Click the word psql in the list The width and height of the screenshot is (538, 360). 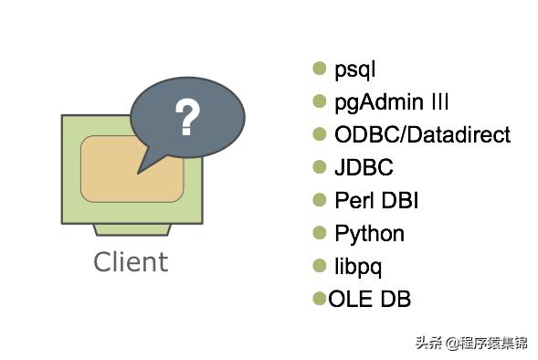(x=355, y=69)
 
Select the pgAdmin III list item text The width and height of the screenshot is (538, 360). (x=391, y=102)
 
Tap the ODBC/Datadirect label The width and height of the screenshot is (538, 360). (x=422, y=135)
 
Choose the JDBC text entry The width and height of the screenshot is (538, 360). (x=364, y=167)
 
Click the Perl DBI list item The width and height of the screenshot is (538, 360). (x=376, y=200)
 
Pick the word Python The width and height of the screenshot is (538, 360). (x=369, y=233)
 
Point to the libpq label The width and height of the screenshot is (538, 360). (x=358, y=266)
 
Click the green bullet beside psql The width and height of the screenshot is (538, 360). (x=320, y=69)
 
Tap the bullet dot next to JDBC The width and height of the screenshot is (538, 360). (x=320, y=166)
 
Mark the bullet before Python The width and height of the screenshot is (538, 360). (x=320, y=232)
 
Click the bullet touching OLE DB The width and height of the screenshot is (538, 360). (x=320, y=298)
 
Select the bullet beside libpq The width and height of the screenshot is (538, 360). (x=320, y=265)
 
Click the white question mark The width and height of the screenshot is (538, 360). (x=186, y=118)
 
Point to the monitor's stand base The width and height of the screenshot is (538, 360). (x=130, y=228)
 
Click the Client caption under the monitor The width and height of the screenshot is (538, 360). (x=131, y=262)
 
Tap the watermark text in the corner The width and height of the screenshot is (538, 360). (x=471, y=344)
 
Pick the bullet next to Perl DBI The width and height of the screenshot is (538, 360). (x=320, y=199)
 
